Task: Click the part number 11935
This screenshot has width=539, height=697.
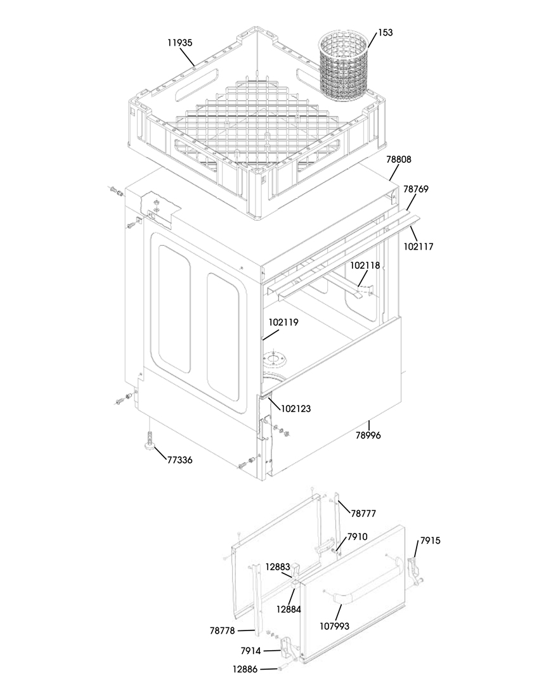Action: (179, 43)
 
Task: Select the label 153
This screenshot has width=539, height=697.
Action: (386, 32)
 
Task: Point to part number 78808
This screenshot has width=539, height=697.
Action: (398, 159)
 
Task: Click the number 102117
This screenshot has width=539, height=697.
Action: (418, 246)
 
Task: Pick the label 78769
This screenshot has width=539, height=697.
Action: (416, 189)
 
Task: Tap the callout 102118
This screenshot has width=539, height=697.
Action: (365, 265)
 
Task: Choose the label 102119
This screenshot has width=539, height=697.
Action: (283, 322)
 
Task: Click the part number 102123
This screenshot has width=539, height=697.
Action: (295, 409)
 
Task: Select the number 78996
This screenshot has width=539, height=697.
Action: (368, 435)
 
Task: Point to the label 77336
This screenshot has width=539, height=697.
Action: (179, 460)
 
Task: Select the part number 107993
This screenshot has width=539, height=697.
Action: (334, 626)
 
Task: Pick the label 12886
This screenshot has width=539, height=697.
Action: (245, 668)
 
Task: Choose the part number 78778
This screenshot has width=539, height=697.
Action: (222, 630)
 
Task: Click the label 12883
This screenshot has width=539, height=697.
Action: (278, 566)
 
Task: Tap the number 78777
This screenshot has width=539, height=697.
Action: (363, 513)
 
